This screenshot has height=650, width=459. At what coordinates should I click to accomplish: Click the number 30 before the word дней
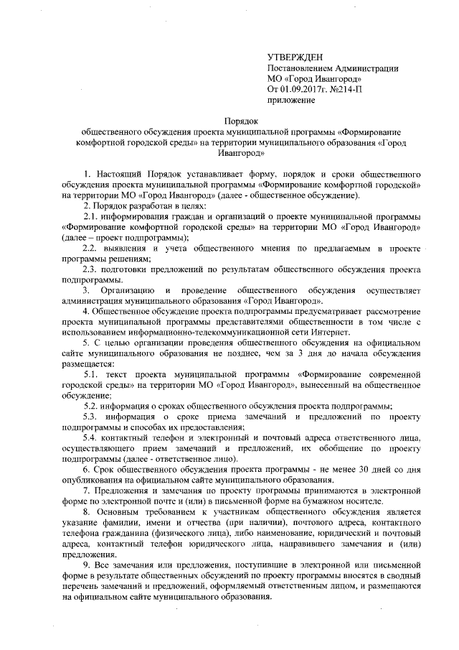[x=350, y=470]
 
